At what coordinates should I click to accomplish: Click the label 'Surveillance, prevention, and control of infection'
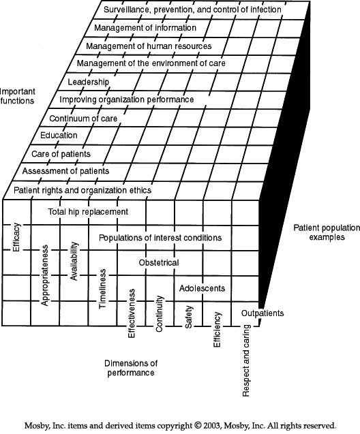pyautogui.click(x=192, y=10)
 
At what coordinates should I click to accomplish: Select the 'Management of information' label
pyautogui.click(x=145, y=28)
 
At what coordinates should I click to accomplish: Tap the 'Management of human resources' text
pyautogui.click(x=149, y=46)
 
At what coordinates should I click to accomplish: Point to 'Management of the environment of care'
pyautogui.click(x=151, y=63)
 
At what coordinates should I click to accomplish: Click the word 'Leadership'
pyautogui.click(x=89, y=82)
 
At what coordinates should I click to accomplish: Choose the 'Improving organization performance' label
pyautogui.click(x=127, y=99)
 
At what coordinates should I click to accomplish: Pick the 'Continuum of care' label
pyautogui.click(x=83, y=119)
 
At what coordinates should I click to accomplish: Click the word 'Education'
pyautogui.click(x=59, y=135)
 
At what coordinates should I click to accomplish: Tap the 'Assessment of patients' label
pyautogui.click(x=65, y=171)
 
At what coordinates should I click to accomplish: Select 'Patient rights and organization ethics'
pyautogui.click(x=82, y=191)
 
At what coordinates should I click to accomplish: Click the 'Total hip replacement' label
pyautogui.click(x=88, y=212)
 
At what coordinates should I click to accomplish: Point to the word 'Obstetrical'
pyautogui.click(x=159, y=262)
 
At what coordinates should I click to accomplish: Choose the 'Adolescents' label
pyautogui.click(x=202, y=288)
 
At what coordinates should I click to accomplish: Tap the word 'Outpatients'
pyautogui.click(x=262, y=313)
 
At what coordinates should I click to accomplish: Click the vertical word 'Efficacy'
pyautogui.click(x=16, y=237)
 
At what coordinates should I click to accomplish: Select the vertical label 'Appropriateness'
pyautogui.click(x=44, y=275)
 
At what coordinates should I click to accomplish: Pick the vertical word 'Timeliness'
pyautogui.click(x=102, y=289)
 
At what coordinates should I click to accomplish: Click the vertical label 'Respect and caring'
pyautogui.click(x=246, y=360)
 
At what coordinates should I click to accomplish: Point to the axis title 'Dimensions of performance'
pyautogui.click(x=131, y=368)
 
